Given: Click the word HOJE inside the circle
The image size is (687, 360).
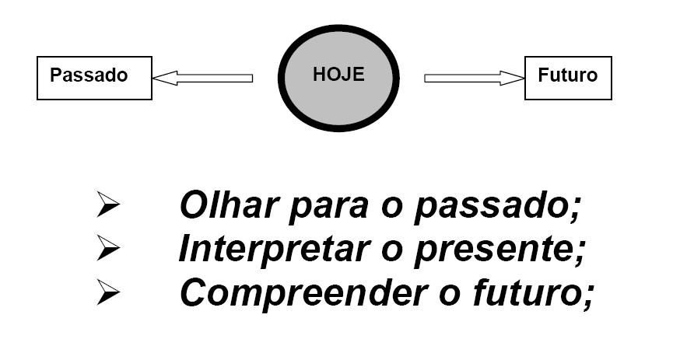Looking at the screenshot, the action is tap(338, 75).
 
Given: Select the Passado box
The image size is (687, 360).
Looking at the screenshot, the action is tap(93, 77).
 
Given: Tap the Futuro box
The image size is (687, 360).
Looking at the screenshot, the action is tap(568, 77).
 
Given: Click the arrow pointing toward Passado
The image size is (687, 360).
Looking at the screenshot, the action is tap(202, 78).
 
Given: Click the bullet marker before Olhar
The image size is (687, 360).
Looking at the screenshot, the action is tap(107, 206).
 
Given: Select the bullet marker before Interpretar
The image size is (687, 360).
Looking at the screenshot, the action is tap(107, 249).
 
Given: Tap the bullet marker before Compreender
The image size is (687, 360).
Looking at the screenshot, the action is tap(107, 292).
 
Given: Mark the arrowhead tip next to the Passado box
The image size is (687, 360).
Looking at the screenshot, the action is tap(155, 78).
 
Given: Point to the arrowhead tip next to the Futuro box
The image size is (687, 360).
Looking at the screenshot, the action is tap(524, 78).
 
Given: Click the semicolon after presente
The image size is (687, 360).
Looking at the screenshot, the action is tap(580, 253).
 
